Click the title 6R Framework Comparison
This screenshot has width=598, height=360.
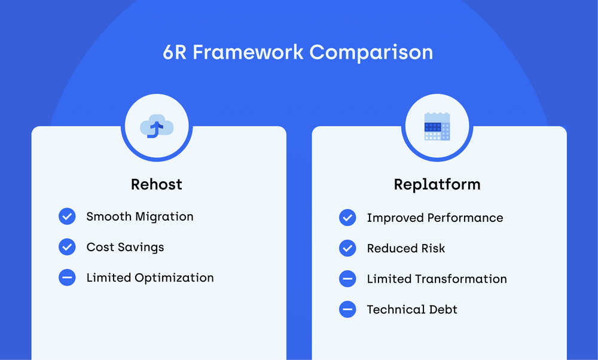tap(298, 52)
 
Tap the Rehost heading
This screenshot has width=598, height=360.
tap(157, 184)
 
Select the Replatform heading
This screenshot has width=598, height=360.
tap(437, 184)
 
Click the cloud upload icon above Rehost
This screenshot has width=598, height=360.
tap(157, 127)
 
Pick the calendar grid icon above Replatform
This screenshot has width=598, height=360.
tap(437, 127)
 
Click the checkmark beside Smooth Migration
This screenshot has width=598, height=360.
tap(67, 216)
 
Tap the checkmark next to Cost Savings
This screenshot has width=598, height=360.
tap(67, 247)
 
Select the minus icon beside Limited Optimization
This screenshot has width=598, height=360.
tap(67, 277)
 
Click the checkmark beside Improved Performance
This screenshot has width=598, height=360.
tap(347, 218)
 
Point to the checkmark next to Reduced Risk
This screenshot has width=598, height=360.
tap(347, 248)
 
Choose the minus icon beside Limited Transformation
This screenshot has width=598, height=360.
tap(347, 279)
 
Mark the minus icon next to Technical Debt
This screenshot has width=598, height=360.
tap(347, 309)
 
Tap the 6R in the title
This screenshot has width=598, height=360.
tap(175, 52)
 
